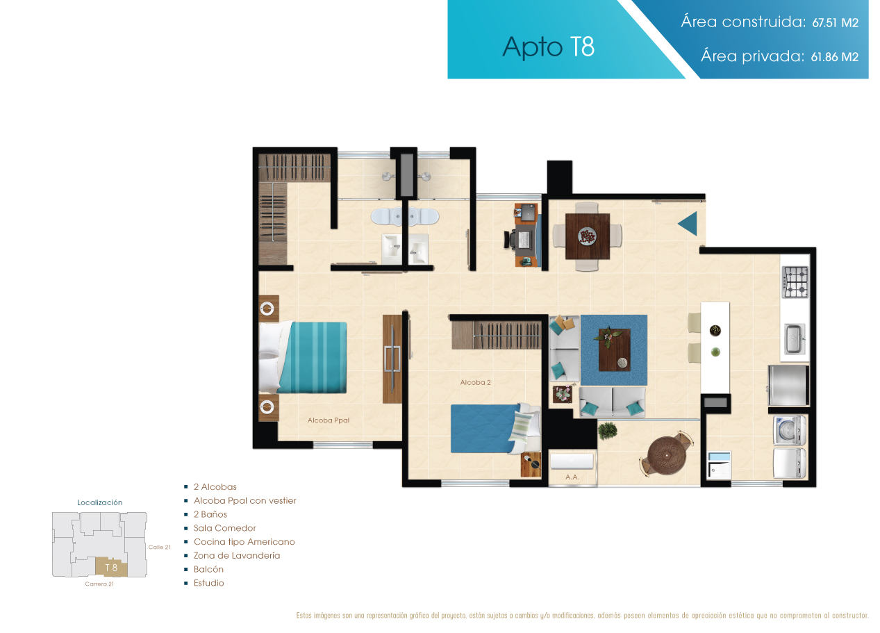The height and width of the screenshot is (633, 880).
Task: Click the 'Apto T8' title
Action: (x=549, y=47)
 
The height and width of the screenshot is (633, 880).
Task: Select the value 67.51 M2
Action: (x=836, y=23)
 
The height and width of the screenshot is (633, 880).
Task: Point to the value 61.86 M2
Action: (x=834, y=58)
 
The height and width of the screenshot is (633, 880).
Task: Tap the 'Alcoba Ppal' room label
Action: (x=329, y=420)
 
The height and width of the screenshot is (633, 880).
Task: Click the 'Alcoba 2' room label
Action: (x=475, y=383)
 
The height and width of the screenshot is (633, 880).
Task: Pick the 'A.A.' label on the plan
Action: (x=572, y=477)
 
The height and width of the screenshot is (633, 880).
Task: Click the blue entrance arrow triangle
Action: (x=688, y=224)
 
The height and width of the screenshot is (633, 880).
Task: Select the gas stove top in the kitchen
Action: (x=795, y=282)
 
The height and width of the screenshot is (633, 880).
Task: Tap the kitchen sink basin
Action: (x=795, y=338)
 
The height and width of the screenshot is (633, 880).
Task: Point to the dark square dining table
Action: (x=588, y=236)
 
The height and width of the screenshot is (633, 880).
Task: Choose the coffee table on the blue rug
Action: (x=615, y=350)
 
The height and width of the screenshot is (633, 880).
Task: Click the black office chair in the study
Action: (x=510, y=240)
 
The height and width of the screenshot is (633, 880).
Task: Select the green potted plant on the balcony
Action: (x=607, y=430)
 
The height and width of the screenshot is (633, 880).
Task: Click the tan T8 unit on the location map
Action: (x=112, y=568)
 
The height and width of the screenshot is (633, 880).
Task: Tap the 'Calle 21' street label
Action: (x=160, y=548)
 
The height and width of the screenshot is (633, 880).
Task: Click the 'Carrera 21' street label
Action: (x=99, y=584)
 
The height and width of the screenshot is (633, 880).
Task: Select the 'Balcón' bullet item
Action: (x=208, y=570)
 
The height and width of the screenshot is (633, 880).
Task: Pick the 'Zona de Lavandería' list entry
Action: (x=237, y=556)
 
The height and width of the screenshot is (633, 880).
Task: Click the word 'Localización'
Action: (x=100, y=502)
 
